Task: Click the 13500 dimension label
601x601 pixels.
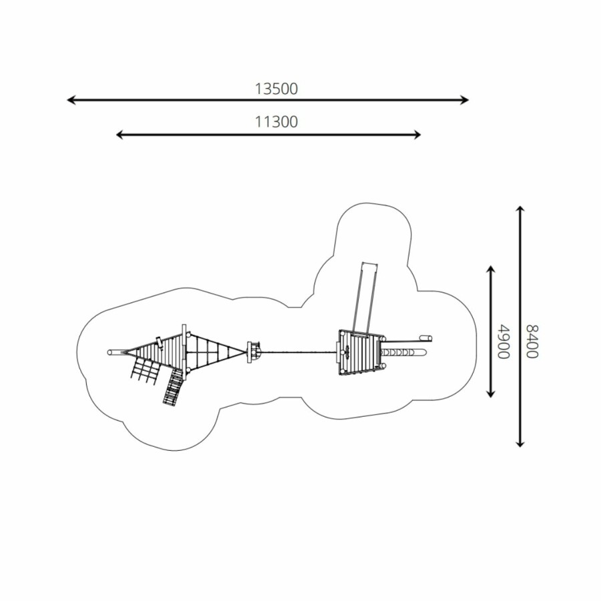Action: click(x=276, y=89)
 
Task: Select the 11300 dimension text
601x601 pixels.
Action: click(x=276, y=122)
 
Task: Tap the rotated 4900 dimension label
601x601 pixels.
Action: click(x=504, y=341)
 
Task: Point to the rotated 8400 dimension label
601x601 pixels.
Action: click(x=532, y=341)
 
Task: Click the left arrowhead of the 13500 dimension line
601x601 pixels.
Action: click(x=71, y=100)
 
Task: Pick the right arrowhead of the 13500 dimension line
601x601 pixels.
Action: click(x=465, y=100)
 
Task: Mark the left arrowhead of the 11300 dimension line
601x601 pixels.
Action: click(x=120, y=134)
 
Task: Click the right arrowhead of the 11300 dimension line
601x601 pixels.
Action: click(x=417, y=134)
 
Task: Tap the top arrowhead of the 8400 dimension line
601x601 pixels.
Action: click(x=520, y=210)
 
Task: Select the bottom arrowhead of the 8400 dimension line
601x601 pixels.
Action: click(x=520, y=443)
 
